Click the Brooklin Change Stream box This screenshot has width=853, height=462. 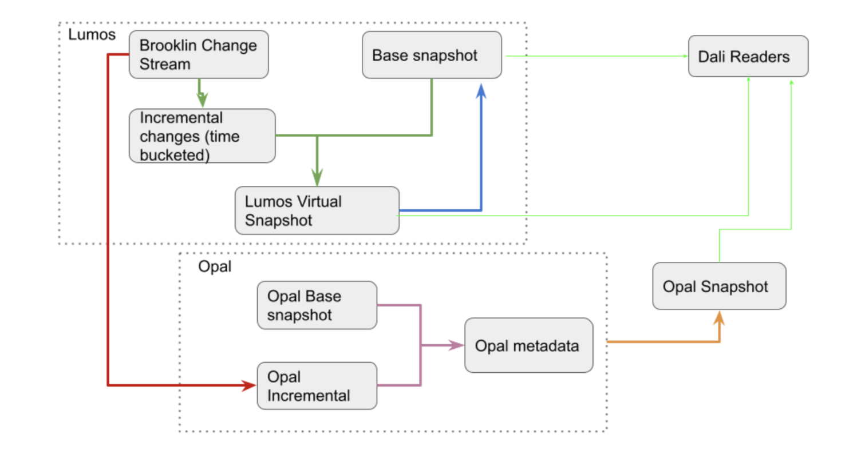pos(198,55)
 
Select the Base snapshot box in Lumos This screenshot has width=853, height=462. pos(431,55)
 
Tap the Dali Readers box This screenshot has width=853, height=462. pos(748,57)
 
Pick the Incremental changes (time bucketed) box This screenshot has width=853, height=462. pos(202,136)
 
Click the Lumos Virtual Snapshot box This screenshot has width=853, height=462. pos(317,210)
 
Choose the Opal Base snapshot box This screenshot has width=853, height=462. pos(317,305)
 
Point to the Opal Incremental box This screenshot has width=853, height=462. pos(317,386)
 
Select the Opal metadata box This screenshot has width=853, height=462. pos(528,345)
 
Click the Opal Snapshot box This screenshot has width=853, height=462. pos(718,286)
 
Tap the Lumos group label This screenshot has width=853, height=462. pos(92,34)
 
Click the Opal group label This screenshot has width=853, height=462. pos(214,266)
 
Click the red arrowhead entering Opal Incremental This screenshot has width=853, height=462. pos(250,386)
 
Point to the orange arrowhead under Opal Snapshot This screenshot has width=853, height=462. pos(719,318)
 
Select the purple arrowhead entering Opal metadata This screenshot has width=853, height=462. pos(457,345)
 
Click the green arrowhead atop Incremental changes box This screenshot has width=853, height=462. pos(202,101)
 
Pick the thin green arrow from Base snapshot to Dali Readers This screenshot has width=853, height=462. pos(595,56)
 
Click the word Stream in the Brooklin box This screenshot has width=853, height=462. pos(165,64)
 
